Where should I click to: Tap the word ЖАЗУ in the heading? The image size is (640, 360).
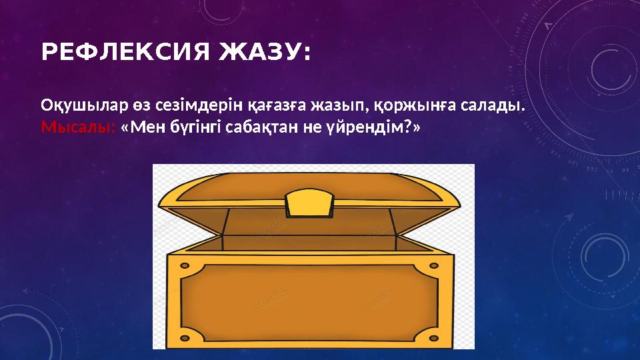pyautogui.click(x=264, y=52)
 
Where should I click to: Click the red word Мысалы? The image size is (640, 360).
pyautogui.click(x=77, y=127)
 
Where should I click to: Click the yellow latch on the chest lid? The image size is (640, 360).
pyautogui.click(x=309, y=201)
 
